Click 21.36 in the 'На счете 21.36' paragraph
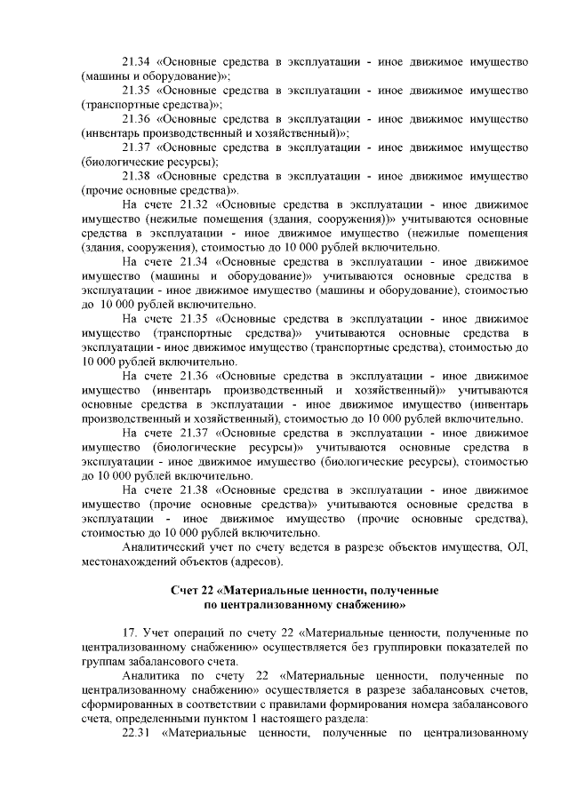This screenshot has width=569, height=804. click(195, 376)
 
